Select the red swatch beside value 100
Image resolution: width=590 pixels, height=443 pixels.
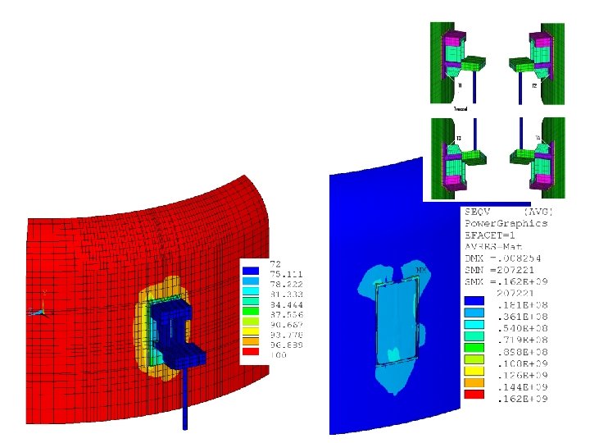[x=252, y=354]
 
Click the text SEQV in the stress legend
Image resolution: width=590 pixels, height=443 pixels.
[x=479, y=211]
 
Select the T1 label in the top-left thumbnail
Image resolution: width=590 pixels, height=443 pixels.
[x=460, y=84]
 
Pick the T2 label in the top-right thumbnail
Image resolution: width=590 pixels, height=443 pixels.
[x=534, y=84]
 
